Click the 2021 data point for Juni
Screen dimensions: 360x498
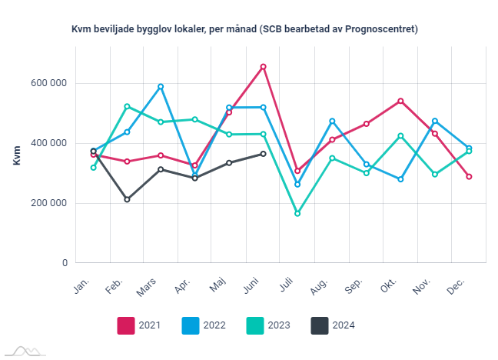coord(264,67)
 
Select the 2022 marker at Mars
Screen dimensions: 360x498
coord(161,87)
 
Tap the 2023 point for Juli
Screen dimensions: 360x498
coord(297,213)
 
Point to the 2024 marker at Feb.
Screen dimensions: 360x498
coord(127,199)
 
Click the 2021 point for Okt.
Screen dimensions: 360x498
coord(400,101)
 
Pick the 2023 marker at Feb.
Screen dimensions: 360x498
coord(127,106)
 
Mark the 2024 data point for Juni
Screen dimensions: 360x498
coord(264,154)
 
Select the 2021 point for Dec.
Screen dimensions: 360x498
coord(469,177)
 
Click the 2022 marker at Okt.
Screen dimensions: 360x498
coord(400,179)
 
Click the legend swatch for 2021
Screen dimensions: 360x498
coord(126,325)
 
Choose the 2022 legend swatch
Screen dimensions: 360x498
coord(191,325)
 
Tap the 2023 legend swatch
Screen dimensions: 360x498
coord(255,325)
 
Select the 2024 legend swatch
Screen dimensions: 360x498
coord(320,325)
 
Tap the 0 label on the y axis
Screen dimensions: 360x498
coord(65,263)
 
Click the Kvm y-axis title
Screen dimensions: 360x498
coord(17,154)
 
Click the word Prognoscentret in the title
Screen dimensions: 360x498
coord(381,29)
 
